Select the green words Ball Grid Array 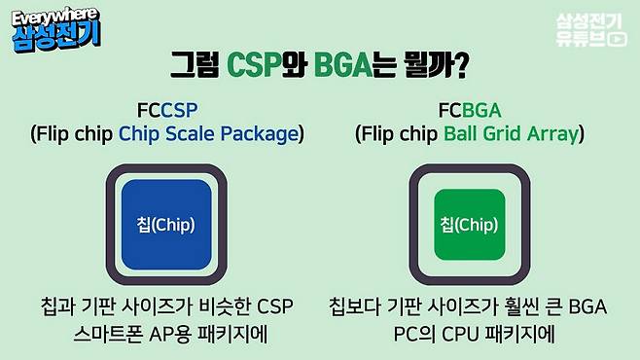point(510,133)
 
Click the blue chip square point(165,225)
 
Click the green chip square point(469,225)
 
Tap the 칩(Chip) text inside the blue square point(165,225)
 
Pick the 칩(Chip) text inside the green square point(469,225)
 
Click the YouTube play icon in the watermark point(616,40)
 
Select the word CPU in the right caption point(446,333)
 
